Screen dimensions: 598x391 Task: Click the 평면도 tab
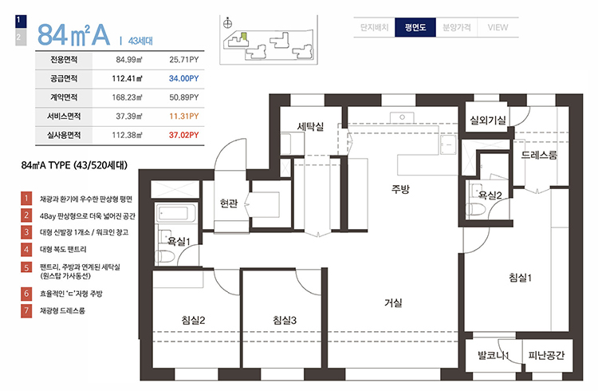(415, 27)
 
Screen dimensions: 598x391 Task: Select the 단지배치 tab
(374, 27)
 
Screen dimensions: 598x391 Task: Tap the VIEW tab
(498, 27)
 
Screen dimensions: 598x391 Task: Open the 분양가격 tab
(457, 27)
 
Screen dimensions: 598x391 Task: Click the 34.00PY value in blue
(184, 78)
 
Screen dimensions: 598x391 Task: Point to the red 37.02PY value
(184, 135)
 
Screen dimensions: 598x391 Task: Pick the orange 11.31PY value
(184, 116)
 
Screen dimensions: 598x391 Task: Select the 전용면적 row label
(64, 60)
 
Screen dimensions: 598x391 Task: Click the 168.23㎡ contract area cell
(127, 97)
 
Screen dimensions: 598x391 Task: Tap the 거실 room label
(393, 303)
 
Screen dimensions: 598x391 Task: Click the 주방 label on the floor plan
(400, 188)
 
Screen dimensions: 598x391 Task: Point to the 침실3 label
(285, 320)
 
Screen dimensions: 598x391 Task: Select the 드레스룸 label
(539, 155)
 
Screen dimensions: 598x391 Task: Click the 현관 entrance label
(229, 203)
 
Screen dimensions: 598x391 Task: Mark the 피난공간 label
(546, 355)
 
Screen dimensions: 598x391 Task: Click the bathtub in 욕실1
(176, 213)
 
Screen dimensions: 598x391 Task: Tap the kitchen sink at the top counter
(402, 117)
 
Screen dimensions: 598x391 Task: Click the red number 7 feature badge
(26, 310)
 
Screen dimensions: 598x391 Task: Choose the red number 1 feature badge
(26, 199)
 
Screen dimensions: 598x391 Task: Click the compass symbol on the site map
(227, 23)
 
